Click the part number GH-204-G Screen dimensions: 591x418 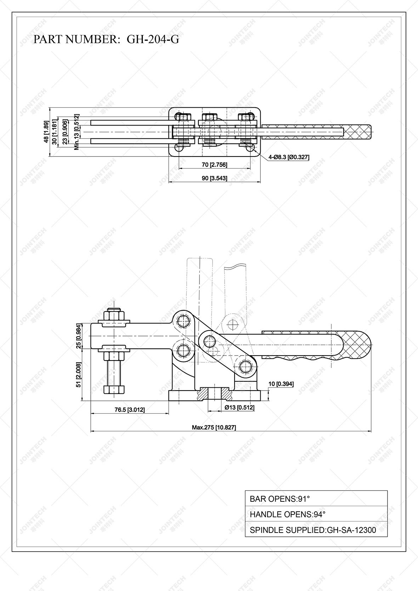coord(153,39)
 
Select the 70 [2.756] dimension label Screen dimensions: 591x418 coord(214,165)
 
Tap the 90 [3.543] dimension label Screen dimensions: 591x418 coord(214,178)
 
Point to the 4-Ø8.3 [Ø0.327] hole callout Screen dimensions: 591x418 coord(289,157)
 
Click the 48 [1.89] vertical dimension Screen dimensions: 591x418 coord(46,132)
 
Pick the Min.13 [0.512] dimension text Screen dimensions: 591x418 coord(77,132)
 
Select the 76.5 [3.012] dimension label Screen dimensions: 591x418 coord(130,410)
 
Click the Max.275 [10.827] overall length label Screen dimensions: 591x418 coord(214,427)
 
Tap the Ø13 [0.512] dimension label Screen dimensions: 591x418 coord(239,408)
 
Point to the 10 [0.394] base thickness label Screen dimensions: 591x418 coord(281,384)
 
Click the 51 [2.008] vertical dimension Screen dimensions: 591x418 coord(79,375)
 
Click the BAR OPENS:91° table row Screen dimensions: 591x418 coord(316,499)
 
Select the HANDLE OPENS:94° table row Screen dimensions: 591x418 coord(316,514)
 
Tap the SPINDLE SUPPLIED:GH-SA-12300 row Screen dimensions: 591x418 coord(316,530)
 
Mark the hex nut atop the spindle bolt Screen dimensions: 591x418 coord(114,314)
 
